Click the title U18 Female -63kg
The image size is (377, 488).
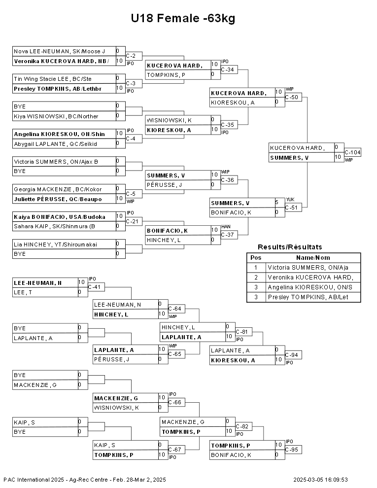pos(183,18)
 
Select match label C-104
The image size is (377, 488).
pos(352,152)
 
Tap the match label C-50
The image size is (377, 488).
pos(291,97)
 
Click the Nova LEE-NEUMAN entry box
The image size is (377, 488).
pos(64,51)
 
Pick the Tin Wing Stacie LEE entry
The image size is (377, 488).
pos(64,79)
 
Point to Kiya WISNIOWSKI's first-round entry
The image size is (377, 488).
pos(64,116)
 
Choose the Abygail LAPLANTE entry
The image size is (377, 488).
pos(64,144)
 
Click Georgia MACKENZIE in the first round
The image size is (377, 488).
pos(64,189)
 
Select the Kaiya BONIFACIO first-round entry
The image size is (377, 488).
pos(64,217)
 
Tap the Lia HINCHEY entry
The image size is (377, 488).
pos(64,244)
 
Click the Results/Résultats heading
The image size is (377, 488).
pos(290,247)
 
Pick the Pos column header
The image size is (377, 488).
pos(256,258)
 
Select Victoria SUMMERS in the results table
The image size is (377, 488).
pos(308,267)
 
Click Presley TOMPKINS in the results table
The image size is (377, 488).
pos(308,297)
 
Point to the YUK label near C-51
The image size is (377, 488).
pos(290,200)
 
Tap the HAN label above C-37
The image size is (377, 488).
pos(226,227)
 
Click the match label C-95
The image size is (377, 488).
pos(291,450)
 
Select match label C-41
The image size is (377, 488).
pos(95,287)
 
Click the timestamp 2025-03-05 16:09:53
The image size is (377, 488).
pos(320,480)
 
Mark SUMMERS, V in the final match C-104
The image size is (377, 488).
pos(289,158)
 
